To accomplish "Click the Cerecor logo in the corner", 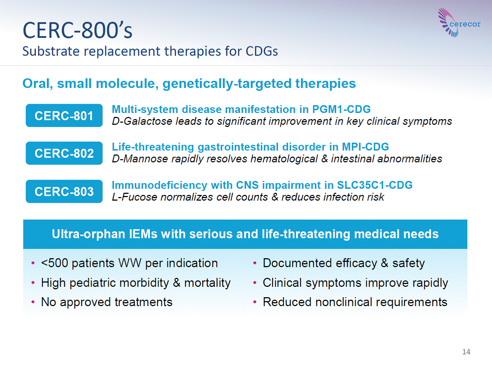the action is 459,23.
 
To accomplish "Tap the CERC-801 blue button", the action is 64,116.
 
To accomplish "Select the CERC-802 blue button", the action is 64,153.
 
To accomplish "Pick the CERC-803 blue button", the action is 64,191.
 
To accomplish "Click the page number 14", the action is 466,352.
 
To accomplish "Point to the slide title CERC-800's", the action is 78,30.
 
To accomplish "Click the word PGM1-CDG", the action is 341,109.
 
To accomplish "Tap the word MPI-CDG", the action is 365,147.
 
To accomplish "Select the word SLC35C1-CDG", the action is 375,185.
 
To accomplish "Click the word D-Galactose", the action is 142,121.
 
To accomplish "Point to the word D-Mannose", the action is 140,159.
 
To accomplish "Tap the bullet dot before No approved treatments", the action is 33,302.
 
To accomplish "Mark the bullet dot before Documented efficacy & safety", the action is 255,263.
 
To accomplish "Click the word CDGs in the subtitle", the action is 262,51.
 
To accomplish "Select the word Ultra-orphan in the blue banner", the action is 88,234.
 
